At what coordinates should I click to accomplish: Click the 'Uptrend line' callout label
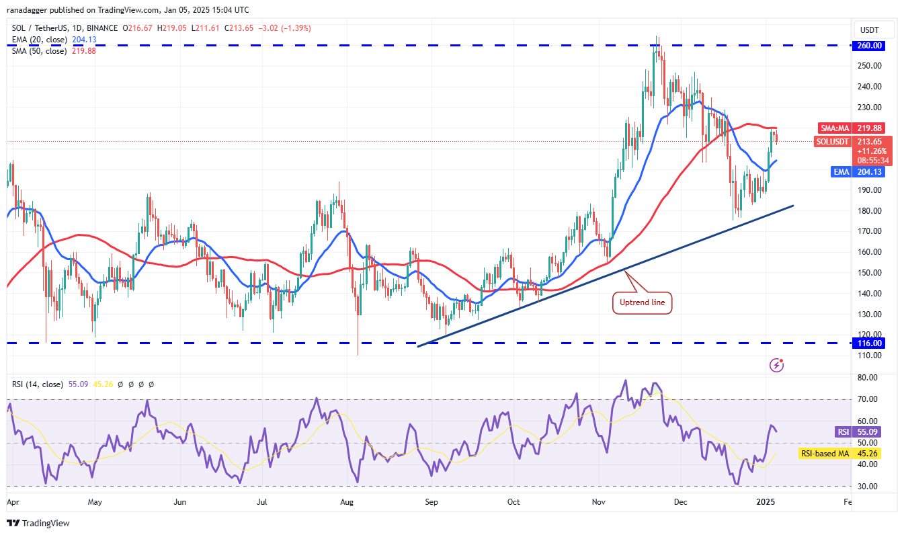pos(642,303)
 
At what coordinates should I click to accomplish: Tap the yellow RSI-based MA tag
pos(824,454)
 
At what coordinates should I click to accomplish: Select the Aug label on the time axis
pos(347,501)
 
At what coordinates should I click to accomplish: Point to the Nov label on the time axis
pos(598,501)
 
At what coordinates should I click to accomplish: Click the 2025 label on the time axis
pos(764,501)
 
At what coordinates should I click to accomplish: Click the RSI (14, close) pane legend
pos(38,384)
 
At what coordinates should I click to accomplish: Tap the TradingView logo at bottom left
pos(39,523)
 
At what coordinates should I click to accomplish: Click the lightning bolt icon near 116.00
pos(778,365)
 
